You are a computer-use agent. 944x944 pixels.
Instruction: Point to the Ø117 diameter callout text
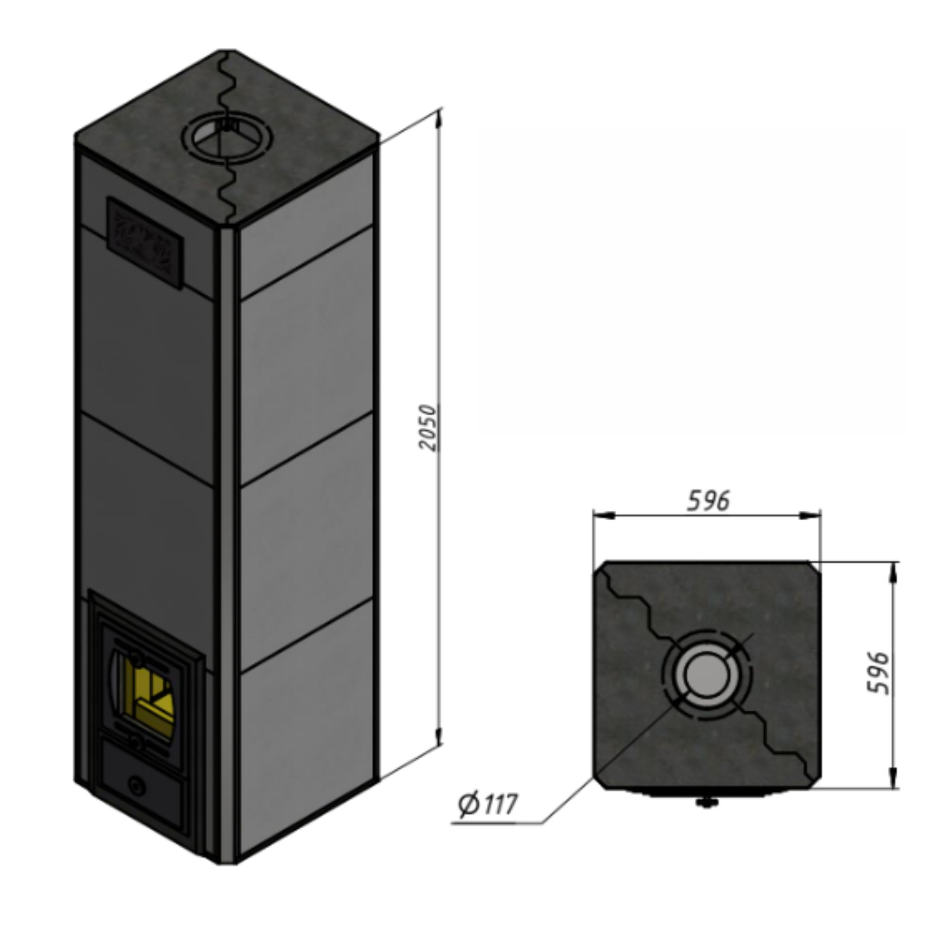pos(488,804)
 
